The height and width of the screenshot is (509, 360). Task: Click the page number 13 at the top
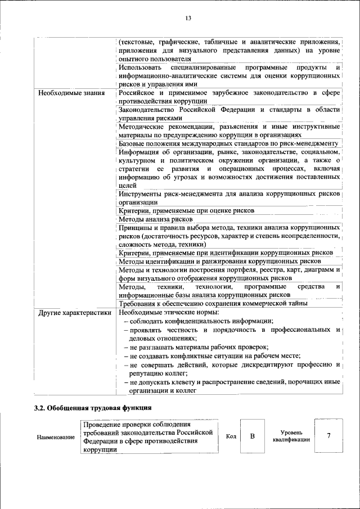(188, 18)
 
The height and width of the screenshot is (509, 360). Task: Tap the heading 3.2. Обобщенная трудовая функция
(93, 408)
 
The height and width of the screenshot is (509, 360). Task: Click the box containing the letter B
(253, 436)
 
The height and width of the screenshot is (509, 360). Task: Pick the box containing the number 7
(328, 436)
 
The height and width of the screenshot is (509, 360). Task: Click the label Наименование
(56, 437)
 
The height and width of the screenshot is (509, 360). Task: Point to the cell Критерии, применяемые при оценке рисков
(187, 210)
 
